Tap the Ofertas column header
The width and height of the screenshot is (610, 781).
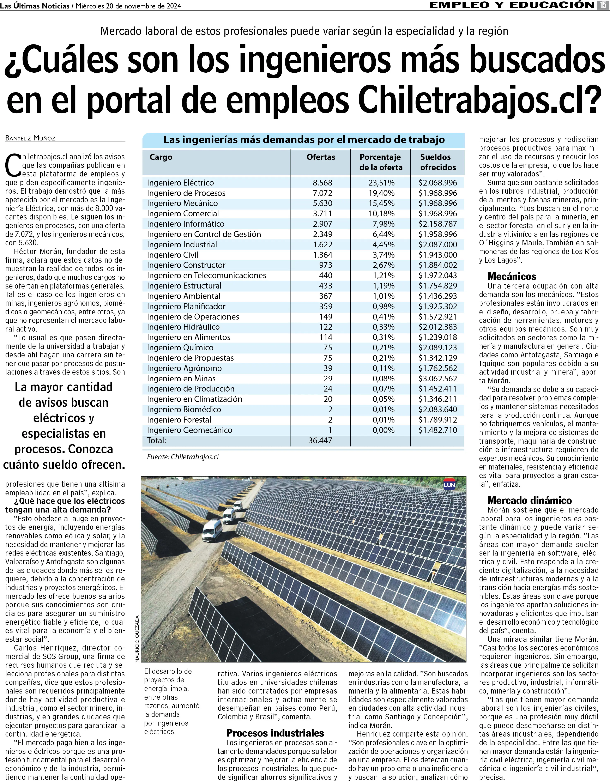(x=321, y=157)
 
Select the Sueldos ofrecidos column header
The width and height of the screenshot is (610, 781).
(x=438, y=162)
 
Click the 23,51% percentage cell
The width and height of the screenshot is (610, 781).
(x=381, y=183)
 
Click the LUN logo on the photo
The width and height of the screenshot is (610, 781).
(x=449, y=485)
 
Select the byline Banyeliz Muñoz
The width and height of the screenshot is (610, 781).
(x=30, y=138)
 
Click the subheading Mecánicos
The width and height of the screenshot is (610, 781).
(x=512, y=276)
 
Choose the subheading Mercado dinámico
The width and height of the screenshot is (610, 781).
(x=530, y=500)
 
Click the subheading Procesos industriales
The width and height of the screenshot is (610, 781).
(x=275, y=733)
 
